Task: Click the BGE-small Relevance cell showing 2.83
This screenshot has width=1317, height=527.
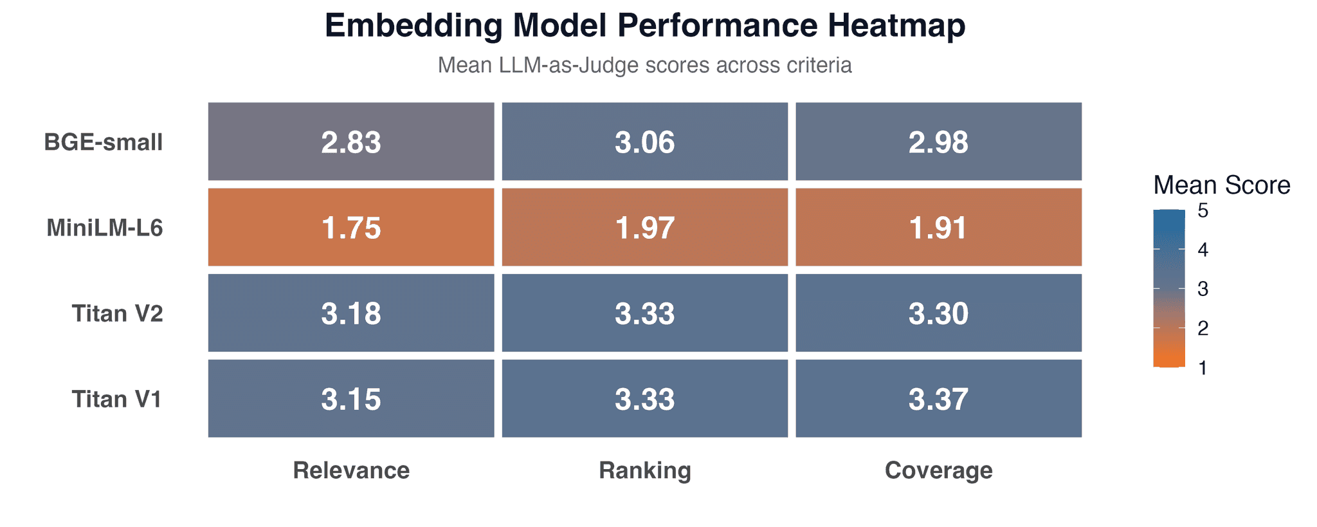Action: click(x=351, y=142)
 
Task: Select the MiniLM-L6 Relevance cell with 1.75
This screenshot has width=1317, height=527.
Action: click(x=351, y=227)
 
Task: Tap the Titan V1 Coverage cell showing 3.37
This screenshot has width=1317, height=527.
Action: click(x=938, y=398)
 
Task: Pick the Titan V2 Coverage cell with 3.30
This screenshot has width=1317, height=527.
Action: click(x=938, y=313)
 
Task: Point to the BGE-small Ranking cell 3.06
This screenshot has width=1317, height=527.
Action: click(x=644, y=142)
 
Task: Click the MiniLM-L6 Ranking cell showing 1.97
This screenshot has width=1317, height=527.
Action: click(x=644, y=227)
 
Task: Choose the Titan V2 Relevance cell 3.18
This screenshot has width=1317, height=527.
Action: click(x=351, y=313)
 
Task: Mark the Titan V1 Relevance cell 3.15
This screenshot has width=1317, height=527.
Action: click(x=351, y=398)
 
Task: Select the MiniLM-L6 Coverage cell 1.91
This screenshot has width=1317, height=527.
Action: click(x=938, y=227)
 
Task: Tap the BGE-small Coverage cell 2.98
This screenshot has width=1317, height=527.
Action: click(x=938, y=142)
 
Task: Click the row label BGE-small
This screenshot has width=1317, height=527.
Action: click(x=104, y=142)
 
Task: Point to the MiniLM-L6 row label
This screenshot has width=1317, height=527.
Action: click(x=105, y=228)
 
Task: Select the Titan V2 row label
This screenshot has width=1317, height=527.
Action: click(x=117, y=313)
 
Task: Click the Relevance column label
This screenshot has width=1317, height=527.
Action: click(x=351, y=470)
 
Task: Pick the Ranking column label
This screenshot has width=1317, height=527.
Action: click(x=644, y=470)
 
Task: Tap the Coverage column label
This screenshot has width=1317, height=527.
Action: click(x=938, y=470)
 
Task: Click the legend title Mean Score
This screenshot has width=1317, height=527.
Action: click(x=1221, y=185)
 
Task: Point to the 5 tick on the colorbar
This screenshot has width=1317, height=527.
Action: click(x=1203, y=211)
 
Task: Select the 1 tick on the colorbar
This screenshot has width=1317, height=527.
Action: click(x=1203, y=368)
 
